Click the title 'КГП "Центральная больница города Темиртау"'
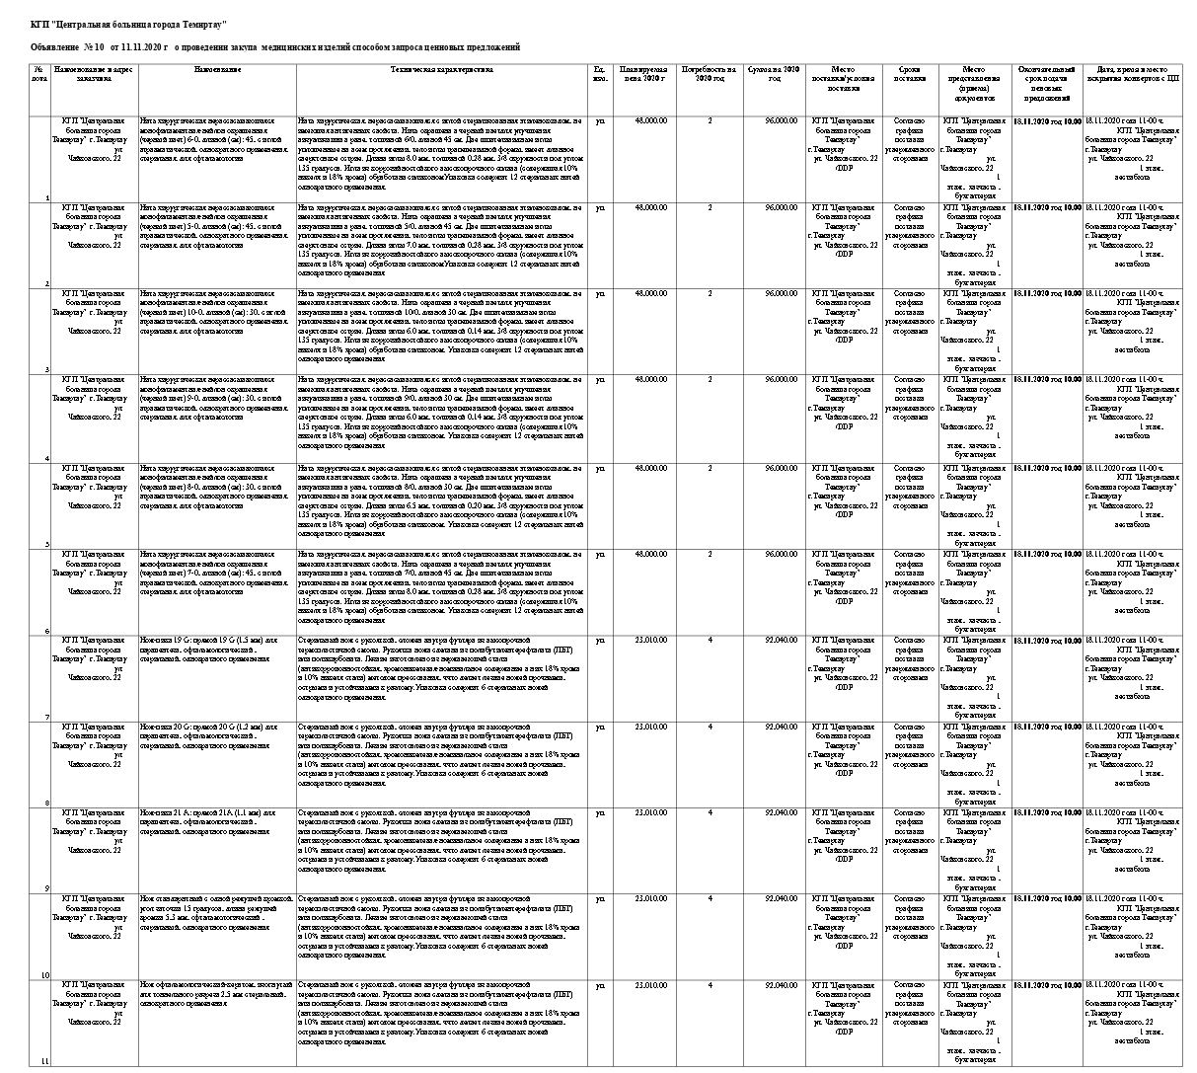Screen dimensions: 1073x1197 pos(128,22)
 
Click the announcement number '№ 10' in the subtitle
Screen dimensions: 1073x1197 pos(95,47)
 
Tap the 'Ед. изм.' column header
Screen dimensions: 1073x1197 pos(599,74)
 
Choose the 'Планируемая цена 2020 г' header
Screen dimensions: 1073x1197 pos(642,74)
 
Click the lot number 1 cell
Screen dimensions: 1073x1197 pos(47,197)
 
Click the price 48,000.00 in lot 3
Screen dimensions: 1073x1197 pos(650,293)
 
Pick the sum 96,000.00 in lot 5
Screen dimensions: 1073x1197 pos(781,467)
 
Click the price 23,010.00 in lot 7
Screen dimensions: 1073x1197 pos(650,640)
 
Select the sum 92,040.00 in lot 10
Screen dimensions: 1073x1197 pos(781,899)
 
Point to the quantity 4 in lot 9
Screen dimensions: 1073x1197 pos(710,812)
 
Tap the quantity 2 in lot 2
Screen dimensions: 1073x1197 pos(710,207)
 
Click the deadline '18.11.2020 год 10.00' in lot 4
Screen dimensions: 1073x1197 pos(1047,380)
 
